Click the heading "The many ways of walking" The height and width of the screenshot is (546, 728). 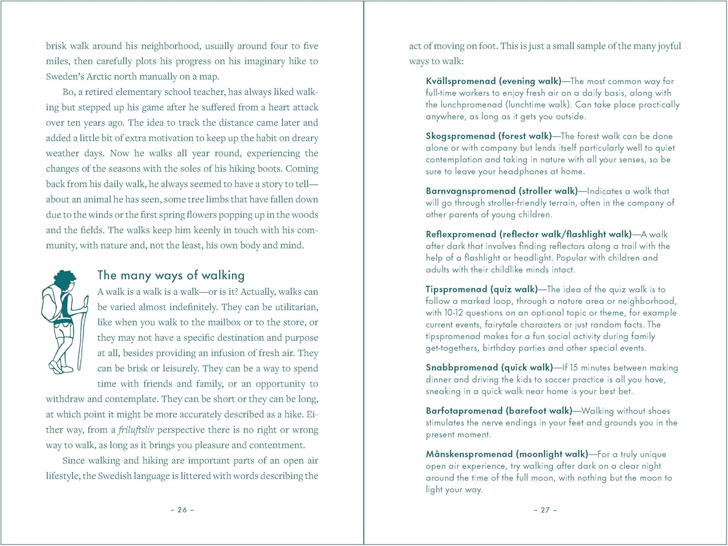pos(171,275)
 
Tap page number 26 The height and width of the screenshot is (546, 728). pos(182,510)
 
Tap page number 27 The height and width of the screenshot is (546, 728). pos(545,510)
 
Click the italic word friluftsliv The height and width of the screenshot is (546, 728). pos(136,430)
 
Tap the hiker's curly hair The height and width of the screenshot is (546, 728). pos(65,280)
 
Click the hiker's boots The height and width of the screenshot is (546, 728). pos(57,367)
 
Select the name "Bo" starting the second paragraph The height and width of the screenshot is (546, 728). pos(68,92)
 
